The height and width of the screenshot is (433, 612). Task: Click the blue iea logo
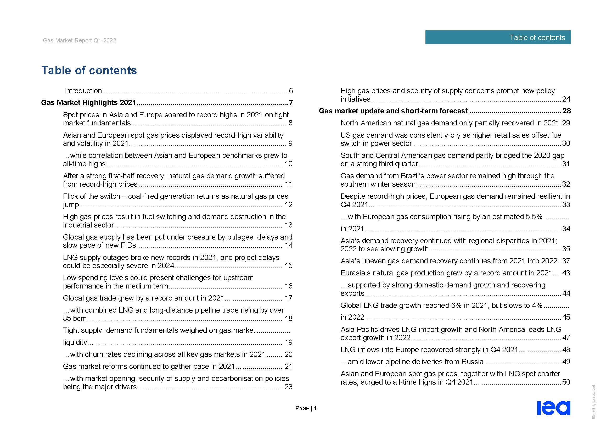click(553, 408)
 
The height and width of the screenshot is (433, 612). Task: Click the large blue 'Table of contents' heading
click(89, 70)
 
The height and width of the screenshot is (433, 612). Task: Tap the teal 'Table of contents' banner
click(498, 37)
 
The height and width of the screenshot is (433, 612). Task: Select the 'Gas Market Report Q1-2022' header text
click(80, 41)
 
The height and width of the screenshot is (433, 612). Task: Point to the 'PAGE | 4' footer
click(306, 408)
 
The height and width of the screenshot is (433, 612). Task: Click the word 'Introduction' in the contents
click(83, 91)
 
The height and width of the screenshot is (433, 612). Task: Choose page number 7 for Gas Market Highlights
click(291, 103)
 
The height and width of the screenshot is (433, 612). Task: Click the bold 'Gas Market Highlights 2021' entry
click(88, 103)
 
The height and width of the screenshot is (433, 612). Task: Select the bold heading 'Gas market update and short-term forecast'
click(393, 111)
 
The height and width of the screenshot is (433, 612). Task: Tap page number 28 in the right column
click(566, 111)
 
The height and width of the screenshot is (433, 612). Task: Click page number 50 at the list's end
click(566, 382)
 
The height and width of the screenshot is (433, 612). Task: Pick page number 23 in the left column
click(288, 387)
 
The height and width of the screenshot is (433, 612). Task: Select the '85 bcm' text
click(75, 319)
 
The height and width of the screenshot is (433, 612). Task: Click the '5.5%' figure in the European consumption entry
click(534, 217)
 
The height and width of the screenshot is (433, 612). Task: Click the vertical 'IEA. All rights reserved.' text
click(594, 402)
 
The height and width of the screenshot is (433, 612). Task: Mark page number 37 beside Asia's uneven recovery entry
click(566, 261)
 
